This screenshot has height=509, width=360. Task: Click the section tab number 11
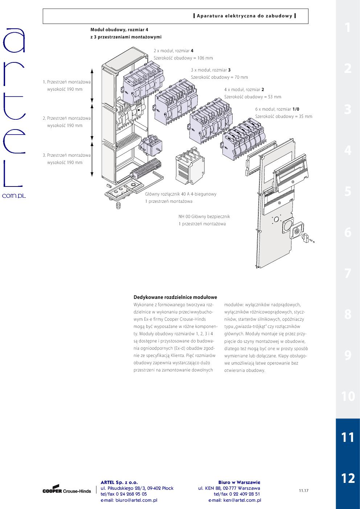[x=348, y=437]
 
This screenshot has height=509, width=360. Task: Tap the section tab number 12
[x=348, y=478]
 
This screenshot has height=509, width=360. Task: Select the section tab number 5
[x=348, y=191]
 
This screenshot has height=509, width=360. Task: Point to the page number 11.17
[x=303, y=490]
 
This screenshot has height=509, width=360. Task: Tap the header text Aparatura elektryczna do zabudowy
[x=245, y=16]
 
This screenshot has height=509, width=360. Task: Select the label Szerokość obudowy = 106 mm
[x=183, y=58]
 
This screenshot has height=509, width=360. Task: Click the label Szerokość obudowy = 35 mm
[x=283, y=116]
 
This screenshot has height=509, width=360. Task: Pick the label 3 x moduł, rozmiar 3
[x=211, y=70]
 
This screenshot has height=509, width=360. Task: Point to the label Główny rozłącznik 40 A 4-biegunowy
[x=180, y=194]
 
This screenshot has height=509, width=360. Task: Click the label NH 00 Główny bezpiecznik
[x=204, y=217]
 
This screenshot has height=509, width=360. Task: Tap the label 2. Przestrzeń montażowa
[x=67, y=118]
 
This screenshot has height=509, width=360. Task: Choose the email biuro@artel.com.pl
[x=129, y=500]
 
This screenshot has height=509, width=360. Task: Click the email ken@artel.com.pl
[x=234, y=500]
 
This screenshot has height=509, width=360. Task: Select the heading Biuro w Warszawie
[x=239, y=483]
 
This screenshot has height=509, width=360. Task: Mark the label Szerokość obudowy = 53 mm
[x=253, y=97]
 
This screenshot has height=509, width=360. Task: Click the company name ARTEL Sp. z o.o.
[x=119, y=483]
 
